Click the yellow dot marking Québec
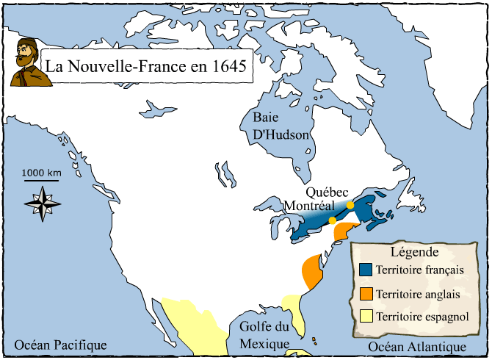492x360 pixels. coord(350,205)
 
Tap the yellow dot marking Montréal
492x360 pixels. coord(332,220)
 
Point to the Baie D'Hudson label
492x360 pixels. coord(281,126)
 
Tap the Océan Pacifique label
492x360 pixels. coord(61,345)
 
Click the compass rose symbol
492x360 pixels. coord(43,203)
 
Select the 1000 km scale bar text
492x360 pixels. coord(41,173)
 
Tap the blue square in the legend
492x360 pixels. coord(366,270)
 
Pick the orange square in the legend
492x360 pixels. coord(366,293)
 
